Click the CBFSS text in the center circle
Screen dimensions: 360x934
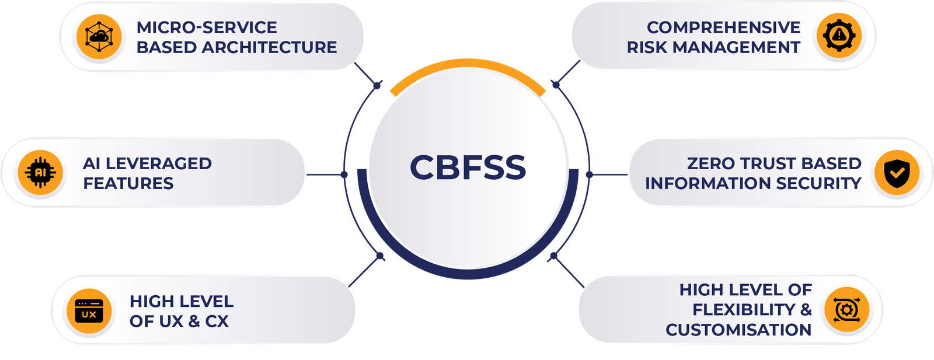(468, 167)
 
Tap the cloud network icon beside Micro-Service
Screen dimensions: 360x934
(98, 36)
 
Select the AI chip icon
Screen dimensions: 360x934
(40, 172)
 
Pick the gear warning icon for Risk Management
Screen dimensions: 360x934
(839, 36)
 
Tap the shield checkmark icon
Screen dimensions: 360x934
(894, 173)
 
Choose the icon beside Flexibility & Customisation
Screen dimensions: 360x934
(845, 309)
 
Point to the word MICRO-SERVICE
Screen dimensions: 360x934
(207, 27)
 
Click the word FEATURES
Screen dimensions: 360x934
(128, 183)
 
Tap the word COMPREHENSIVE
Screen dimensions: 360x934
(723, 27)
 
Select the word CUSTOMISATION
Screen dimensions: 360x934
(738, 330)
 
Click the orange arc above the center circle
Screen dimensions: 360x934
(468, 73)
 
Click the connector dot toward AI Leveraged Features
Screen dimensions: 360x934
(344, 174)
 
